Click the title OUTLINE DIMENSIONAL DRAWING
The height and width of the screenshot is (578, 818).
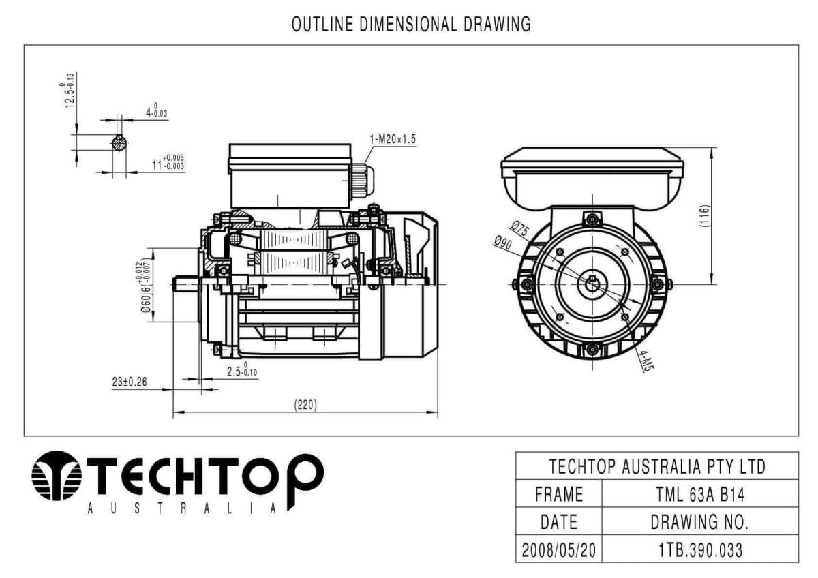coord(411,25)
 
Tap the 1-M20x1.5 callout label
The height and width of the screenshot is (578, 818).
coord(393,140)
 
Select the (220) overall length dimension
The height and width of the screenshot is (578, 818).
coord(305,404)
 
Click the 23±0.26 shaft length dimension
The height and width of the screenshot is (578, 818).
coord(130,382)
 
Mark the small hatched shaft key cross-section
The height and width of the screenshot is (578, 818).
coord(119,143)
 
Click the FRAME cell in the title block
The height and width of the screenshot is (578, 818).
coord(559,493)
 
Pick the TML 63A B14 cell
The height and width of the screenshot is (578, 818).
coord(699,493)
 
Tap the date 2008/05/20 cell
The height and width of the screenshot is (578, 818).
coord(559,549)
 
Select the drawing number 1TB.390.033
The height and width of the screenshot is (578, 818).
coord(699,549)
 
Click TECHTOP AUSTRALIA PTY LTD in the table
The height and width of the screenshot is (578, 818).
coord(656,466)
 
